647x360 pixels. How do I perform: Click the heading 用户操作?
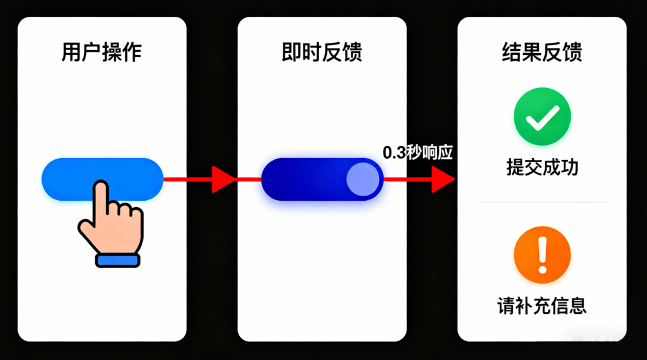(x=102, y=52)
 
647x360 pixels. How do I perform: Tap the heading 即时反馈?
(x=322, y=52)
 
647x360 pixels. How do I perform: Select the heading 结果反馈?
(x=542, y=52)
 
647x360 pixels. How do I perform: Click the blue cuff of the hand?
(x=117, y=260)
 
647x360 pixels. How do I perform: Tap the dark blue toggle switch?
(x=304, y=179)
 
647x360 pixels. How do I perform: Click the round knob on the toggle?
(x=363, y=179)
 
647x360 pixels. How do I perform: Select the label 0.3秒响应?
(x=417, y=153)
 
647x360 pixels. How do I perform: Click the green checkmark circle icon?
(x=542, y=117)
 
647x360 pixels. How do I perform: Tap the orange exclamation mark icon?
(x=542, y=255)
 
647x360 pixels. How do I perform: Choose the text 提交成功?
(x=542, y=168)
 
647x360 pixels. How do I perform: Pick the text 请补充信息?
(x=542, y=306)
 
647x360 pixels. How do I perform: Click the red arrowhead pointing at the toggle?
(x=225, y=179)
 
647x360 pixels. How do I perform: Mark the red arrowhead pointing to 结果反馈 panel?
(x=443, y=179)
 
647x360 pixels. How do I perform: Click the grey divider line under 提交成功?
(x=542, y=202)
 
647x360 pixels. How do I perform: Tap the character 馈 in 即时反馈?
(x=352, y=52)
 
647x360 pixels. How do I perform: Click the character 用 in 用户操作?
(x=71, y=52)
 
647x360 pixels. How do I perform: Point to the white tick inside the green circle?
(x=542, y=118)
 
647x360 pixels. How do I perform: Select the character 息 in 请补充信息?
(x=578, y=306)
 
